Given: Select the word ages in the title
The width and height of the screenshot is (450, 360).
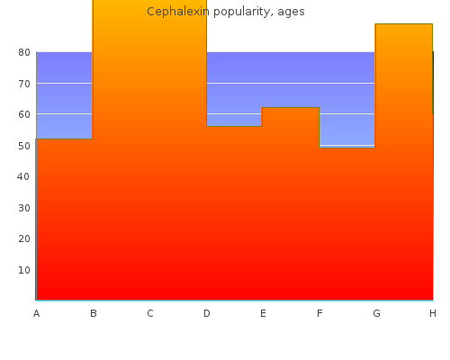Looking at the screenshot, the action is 291,13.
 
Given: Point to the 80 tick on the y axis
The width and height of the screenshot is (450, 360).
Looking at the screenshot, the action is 24,53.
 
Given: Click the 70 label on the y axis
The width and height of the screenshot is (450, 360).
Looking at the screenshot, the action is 24,84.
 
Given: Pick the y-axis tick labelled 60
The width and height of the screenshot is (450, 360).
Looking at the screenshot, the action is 24,114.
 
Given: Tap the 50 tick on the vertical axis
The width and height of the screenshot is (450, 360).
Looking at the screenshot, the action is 24,146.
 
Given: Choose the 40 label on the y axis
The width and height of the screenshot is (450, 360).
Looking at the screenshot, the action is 23,176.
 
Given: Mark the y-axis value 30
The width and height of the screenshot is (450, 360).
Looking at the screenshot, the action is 24,208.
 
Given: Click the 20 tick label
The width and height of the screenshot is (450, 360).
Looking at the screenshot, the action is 24,239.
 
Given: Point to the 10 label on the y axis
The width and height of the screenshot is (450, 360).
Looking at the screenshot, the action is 24,270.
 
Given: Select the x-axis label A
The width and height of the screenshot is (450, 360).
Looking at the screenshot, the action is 36,314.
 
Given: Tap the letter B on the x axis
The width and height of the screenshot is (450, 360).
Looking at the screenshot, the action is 94,314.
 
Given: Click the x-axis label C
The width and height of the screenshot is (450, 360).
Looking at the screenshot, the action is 150,314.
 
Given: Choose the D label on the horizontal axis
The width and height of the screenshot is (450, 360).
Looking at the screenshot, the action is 207,314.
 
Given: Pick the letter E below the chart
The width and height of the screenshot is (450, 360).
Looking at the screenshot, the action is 263,314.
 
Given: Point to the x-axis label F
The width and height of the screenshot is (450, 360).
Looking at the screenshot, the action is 319,314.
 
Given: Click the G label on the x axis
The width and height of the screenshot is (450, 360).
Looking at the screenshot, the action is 376,314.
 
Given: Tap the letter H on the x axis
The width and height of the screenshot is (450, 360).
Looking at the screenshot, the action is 433,314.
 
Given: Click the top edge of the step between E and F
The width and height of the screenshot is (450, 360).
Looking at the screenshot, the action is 291,107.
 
